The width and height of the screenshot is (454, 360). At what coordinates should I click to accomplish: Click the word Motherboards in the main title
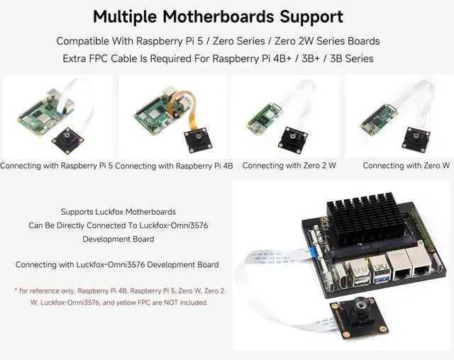(x=218, y=16)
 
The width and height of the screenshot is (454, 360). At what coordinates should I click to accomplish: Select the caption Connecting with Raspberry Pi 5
(x=57, y=166)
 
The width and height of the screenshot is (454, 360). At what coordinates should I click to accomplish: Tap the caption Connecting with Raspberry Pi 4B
(x=174, y=166)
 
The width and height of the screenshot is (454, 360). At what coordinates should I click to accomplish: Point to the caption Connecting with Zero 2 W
(x=289, y=165)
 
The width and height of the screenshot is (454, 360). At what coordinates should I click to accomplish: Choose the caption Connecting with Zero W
(x=406, y=165)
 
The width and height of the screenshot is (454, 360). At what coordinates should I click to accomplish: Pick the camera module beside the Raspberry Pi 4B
(x=200, y=140)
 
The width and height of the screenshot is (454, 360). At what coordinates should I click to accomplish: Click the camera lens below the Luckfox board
(x=359, y=309)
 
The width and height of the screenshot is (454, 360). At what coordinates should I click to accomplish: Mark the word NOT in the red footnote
(x=171, y=303)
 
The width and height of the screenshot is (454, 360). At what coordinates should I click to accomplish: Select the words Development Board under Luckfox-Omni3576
(x=118, y=239)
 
